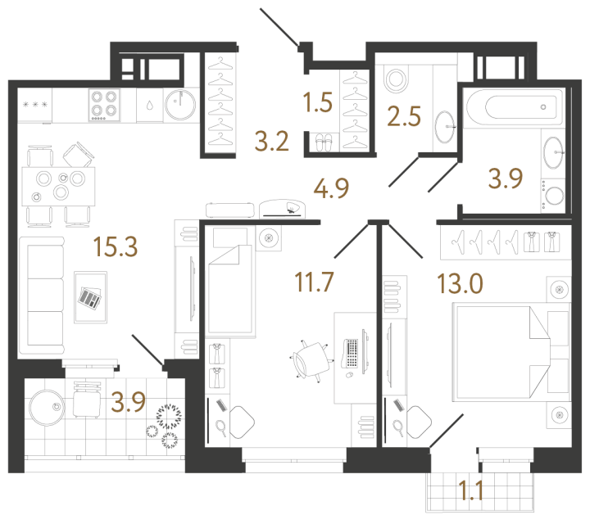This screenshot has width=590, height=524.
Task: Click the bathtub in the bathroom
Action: click(x=512, y=107)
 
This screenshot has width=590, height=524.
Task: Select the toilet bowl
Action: click(x=397, y=79)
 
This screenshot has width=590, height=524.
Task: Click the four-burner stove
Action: click(x=103, y=105)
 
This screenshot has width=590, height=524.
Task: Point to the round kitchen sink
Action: click(x=180, y=105)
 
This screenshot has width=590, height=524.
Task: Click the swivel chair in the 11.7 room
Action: click(x=311, y=360)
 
